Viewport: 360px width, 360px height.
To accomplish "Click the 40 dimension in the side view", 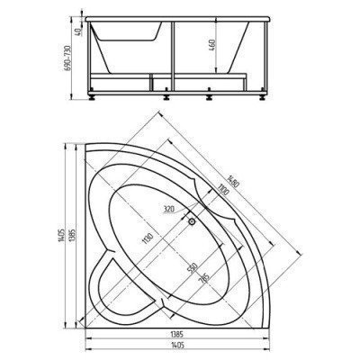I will pos(80,31).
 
